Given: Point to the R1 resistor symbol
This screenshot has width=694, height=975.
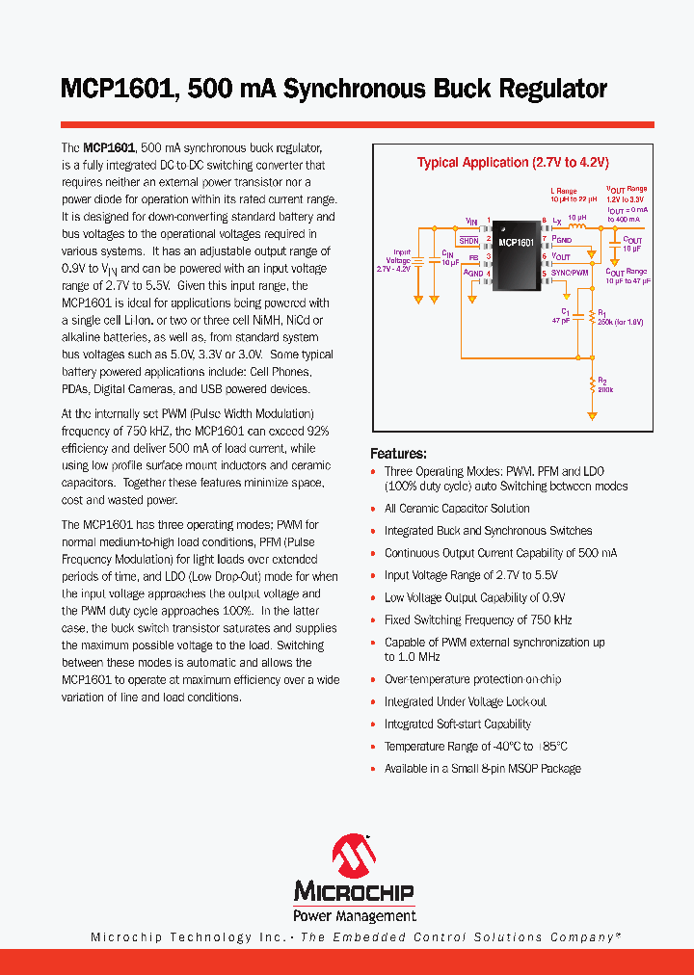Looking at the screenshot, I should coord(590,318).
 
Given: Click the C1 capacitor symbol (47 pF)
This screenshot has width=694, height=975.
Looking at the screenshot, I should coord(575,316).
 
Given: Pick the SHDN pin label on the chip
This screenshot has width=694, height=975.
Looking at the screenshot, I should coord(468,240).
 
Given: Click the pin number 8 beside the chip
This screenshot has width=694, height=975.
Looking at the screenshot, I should coord(545,221).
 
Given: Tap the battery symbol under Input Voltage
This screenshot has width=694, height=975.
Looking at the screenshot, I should coord(418,259).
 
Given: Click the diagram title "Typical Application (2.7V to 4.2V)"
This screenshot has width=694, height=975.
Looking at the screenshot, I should coord(513,163).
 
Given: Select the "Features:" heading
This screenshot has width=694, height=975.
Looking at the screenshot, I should coord(398,454).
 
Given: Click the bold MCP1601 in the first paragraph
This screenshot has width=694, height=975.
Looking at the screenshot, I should coord(108,148).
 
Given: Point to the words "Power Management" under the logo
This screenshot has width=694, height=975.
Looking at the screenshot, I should coord(355,915).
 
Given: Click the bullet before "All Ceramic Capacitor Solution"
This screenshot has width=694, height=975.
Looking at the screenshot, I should coord(374,509).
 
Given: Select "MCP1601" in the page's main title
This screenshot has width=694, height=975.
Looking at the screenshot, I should coord(117,90).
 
